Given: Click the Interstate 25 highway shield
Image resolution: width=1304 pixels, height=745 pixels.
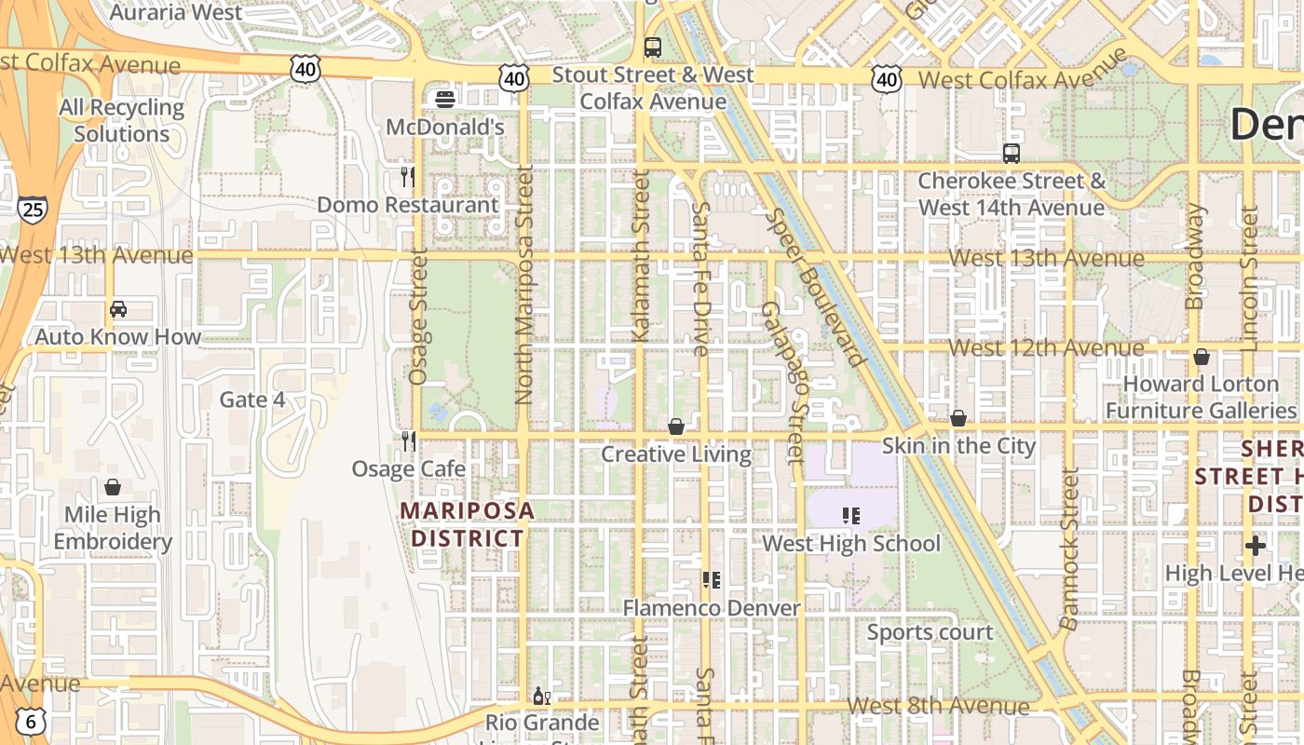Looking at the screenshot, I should pos(32,210).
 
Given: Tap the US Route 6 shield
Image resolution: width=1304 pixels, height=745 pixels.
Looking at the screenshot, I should pos(32,720).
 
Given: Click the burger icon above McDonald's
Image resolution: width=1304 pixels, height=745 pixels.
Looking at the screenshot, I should pos(445,99).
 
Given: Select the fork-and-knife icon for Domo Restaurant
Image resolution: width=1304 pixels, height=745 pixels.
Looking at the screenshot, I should pos(407,176).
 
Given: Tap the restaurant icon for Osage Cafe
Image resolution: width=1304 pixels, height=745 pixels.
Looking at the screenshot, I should pos(408,440).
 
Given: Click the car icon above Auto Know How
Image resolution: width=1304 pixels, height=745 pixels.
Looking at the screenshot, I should pos(118,309).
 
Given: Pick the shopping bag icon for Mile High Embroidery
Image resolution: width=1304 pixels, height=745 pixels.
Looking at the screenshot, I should pos(113,487).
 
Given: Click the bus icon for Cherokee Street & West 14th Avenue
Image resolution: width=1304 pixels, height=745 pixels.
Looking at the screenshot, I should pos(1011,154).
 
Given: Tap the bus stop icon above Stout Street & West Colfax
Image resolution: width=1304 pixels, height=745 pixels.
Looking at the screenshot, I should pos(653,47).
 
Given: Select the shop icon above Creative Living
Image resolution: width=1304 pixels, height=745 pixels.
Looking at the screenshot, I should pos(676,427).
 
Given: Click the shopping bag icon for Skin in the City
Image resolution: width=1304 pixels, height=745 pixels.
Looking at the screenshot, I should pos(958,418).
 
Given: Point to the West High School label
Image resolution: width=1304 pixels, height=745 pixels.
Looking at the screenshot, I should pos(851,543).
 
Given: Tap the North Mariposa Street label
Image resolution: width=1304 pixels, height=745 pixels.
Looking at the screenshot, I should pos(523,284).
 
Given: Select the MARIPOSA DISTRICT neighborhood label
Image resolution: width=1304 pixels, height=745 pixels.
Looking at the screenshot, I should pos(468,524).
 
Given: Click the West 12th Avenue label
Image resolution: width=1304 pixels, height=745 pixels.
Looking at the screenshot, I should pos(1046,348).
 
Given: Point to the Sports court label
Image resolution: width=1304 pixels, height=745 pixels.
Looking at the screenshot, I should pos(930,632).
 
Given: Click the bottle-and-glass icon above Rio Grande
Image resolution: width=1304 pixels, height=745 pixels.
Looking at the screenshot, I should pos(541,696).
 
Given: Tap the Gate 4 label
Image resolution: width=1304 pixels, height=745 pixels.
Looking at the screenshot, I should pos(252,400).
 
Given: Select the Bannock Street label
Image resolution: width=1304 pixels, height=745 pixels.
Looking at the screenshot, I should pos(1069,549).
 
